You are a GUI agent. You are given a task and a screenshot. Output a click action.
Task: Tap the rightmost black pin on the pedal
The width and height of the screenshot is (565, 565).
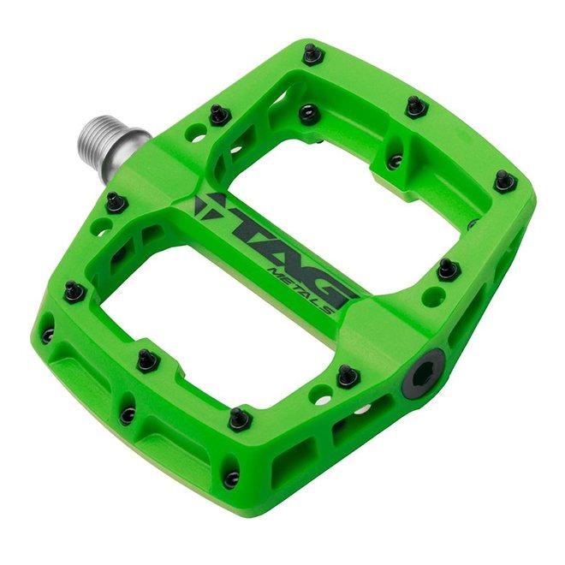click(505, 181)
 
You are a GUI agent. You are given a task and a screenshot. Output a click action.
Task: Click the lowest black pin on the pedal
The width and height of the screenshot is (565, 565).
click(231, 478)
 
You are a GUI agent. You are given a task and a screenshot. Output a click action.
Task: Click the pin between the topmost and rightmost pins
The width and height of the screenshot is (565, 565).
click(416, 107)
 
